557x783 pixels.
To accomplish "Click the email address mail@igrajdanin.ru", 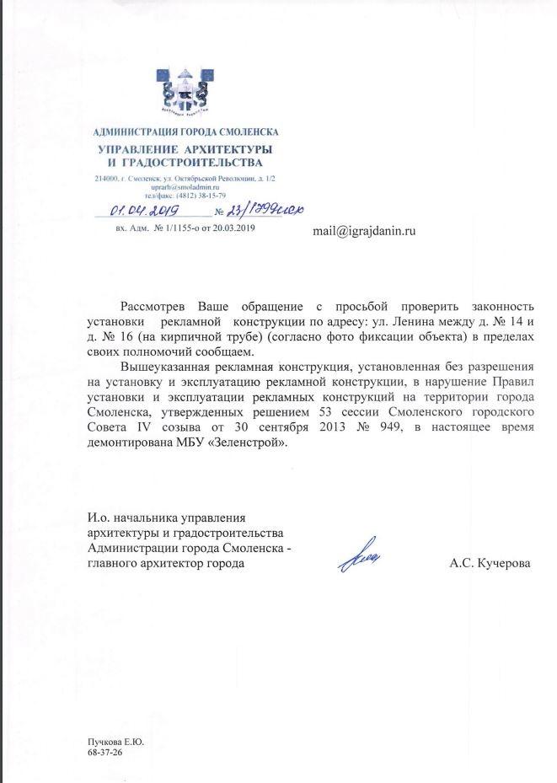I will (x=364, y=229).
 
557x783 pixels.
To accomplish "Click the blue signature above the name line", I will (x=360, y=555).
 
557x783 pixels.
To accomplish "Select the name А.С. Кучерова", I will (x=490, y=562).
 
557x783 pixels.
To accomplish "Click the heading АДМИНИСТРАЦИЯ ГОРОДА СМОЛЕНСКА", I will (x=186, y=132).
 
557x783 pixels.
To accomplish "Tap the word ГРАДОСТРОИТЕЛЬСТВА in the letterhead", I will (x=194, y=162).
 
